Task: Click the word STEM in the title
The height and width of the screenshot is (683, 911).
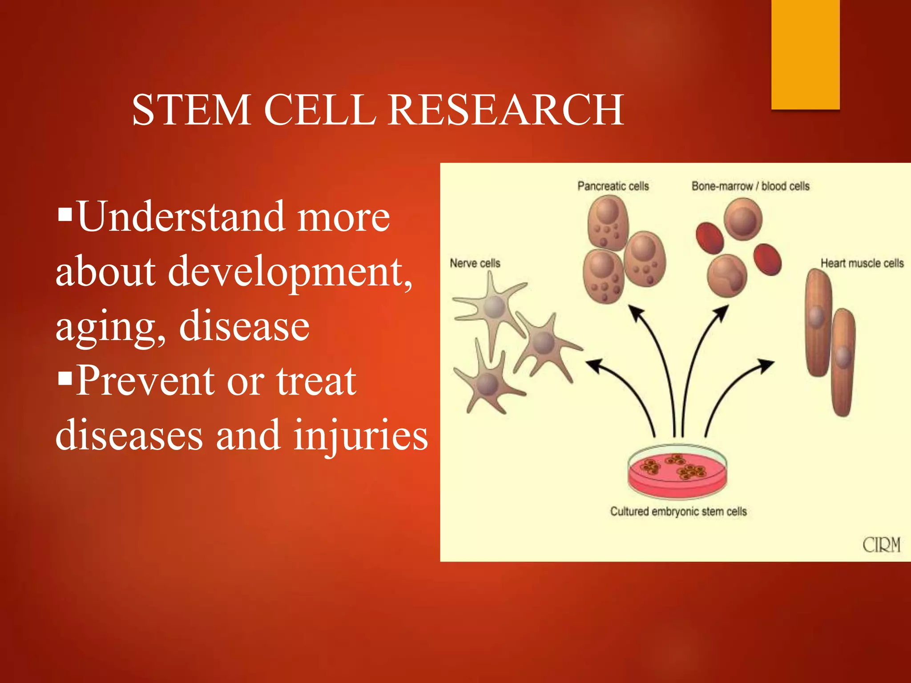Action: [191, 110]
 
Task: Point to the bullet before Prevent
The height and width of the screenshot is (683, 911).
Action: [65, 379]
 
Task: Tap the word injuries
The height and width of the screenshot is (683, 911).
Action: [360, 435]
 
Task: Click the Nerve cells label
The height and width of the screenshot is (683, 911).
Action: [475, 263]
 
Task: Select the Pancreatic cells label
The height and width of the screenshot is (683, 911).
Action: [613, 186]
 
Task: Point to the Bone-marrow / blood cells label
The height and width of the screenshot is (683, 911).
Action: [750, 186]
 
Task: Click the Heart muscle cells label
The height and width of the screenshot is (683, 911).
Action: [862, 263]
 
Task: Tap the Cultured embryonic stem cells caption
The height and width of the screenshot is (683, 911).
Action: [678, 511]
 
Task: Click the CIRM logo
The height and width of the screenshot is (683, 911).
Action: [881, 544]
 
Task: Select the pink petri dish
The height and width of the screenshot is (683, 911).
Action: [677, 474]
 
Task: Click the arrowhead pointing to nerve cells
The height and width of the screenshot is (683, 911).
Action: [593, 365]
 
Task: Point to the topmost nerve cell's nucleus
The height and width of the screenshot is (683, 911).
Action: [494, 306]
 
